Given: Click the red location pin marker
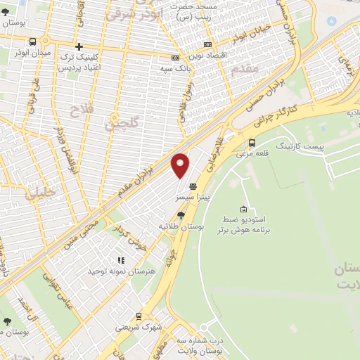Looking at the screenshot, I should (181, 165).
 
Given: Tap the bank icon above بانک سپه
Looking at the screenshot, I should (175, 58).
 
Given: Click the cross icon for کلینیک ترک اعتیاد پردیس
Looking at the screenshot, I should (79, 46).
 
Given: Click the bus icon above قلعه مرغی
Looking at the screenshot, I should (252, 142).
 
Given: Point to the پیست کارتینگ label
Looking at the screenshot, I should (300, 145).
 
